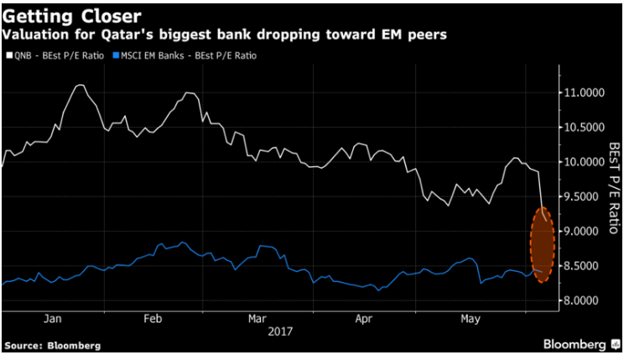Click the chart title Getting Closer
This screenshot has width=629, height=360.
(x=72, y=17)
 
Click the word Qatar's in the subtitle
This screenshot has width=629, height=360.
(x=127, y=35)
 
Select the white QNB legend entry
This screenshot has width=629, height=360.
(x=55, y=55)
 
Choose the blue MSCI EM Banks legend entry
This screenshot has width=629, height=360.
(x=185, y=55)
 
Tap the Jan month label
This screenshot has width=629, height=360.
(x=53, y=319)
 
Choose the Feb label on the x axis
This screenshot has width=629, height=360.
(x=153, y=319)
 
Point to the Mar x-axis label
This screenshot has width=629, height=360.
(x=257, y=319)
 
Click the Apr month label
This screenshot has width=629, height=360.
(x=364, y=319)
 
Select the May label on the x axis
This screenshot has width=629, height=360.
(x=470, y=319)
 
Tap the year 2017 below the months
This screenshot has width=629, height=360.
(x=280, y=332)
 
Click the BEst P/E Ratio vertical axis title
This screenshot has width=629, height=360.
(x=614, y=188)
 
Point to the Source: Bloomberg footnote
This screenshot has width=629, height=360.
(x=53, y=346)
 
